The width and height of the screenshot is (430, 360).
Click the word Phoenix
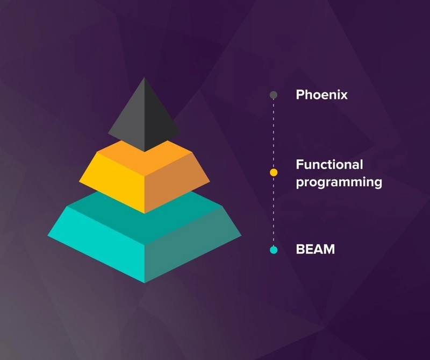pyautogui.click(x=321, y=95)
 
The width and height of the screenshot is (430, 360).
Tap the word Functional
pyautogui.click(x=329, y=165)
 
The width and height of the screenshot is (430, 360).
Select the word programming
pyautogui.click(x=339, y=182)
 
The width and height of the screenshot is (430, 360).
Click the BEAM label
pyautogui.click(x=316, y=249)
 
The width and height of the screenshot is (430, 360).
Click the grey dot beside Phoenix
pyautogui.click(x=274, y=95)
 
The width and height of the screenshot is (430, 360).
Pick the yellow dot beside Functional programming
pyautogui.click(x=274, y=172)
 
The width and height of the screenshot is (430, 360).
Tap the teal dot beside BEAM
pyautogui.click(x=274, y=250)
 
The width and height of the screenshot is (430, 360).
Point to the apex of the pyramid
pyautogui.click(x=145, y=77)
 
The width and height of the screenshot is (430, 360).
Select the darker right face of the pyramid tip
pyautogui.click(x=159, y=121)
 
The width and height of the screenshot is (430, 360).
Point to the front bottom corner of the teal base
pyautogui.click(x=145, y=283)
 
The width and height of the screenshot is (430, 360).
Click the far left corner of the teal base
pyautogui.click(x=48, y=235)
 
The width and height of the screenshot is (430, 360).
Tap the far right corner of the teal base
pyautogui.click(x=241, y=235)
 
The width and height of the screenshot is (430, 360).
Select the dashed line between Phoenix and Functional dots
pyautogui.click(x=274, y=134)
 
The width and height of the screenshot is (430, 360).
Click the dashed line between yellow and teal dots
pyautogui.click(x=274, y=211)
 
